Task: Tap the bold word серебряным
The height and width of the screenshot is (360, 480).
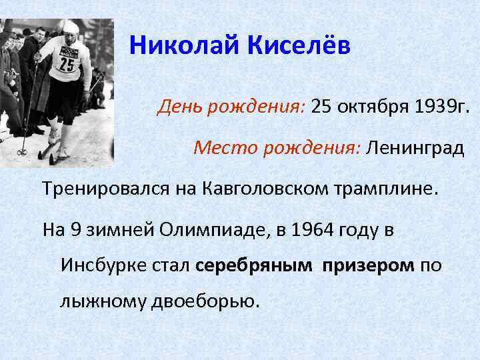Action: pos(254,265)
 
